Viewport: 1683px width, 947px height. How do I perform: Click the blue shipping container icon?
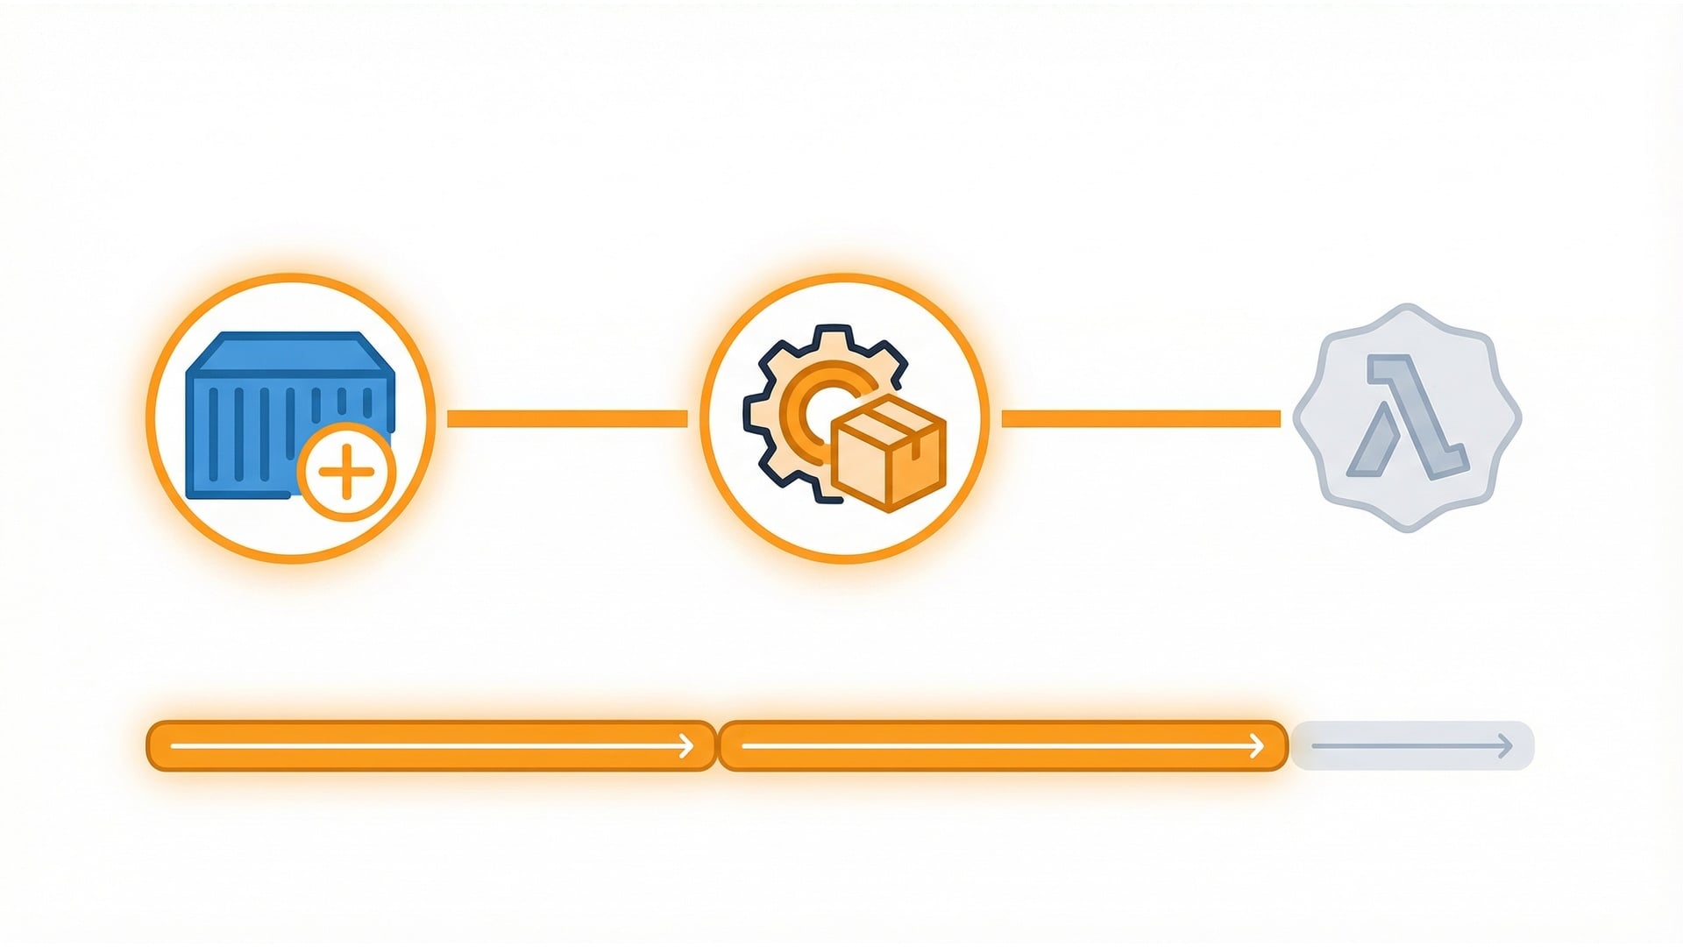point(263,412)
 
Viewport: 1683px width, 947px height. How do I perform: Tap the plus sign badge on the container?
point(346,472)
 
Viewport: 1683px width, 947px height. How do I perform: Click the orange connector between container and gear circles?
point(567,418)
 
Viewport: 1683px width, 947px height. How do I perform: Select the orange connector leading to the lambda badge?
point(1140,418)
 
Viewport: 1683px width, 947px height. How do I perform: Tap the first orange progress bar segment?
point(430,746)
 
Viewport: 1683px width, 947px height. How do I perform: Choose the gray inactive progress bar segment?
point(1411,746)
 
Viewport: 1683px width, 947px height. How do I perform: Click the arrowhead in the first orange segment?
point(686,746)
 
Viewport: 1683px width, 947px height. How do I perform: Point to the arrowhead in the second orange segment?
point(1256,746)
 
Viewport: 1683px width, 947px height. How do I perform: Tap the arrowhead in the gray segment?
point(1505,746)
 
